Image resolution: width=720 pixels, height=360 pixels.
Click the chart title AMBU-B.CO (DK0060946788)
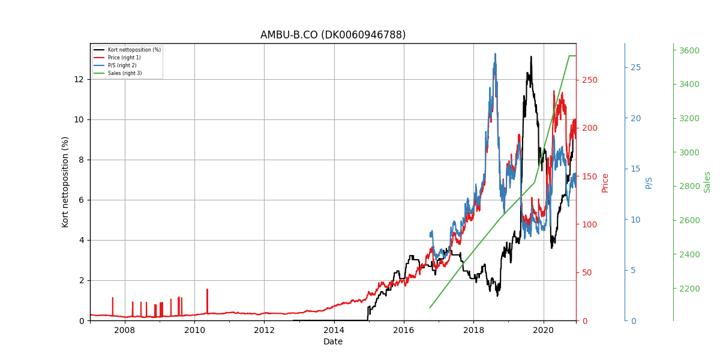click(332, 35)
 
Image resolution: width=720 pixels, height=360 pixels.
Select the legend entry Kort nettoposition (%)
click(134, 50)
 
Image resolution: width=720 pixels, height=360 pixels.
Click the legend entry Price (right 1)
click(124, 58)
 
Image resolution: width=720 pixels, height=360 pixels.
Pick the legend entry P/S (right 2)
click(122, 65)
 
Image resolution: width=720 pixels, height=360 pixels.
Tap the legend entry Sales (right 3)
click(125, 73)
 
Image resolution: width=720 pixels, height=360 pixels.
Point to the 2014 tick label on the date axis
click(334, 330)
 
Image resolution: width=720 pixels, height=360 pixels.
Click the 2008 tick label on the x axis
click(125, 330)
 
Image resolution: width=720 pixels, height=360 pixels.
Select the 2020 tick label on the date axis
click(544, 330)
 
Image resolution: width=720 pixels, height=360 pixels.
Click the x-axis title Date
click(333, 341)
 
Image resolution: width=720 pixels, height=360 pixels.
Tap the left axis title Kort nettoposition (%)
click(65, 182)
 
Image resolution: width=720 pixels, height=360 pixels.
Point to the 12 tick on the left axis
click(79, 79)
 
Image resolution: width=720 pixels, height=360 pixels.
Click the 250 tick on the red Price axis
click(590, 80)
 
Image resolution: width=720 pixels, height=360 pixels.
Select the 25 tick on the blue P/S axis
click(636, 67)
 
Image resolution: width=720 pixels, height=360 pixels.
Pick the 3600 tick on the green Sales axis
click(689, 50)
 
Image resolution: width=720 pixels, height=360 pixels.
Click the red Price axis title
click(605, 183)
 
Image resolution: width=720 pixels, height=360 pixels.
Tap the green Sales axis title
click(707, 182)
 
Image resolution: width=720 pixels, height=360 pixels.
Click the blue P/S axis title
click(649, 183)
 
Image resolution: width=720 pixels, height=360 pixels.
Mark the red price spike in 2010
click(208, 301)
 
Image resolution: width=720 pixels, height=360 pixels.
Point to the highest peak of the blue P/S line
click(495, 54)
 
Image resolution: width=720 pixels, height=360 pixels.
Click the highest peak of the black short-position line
click(531, 57)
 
